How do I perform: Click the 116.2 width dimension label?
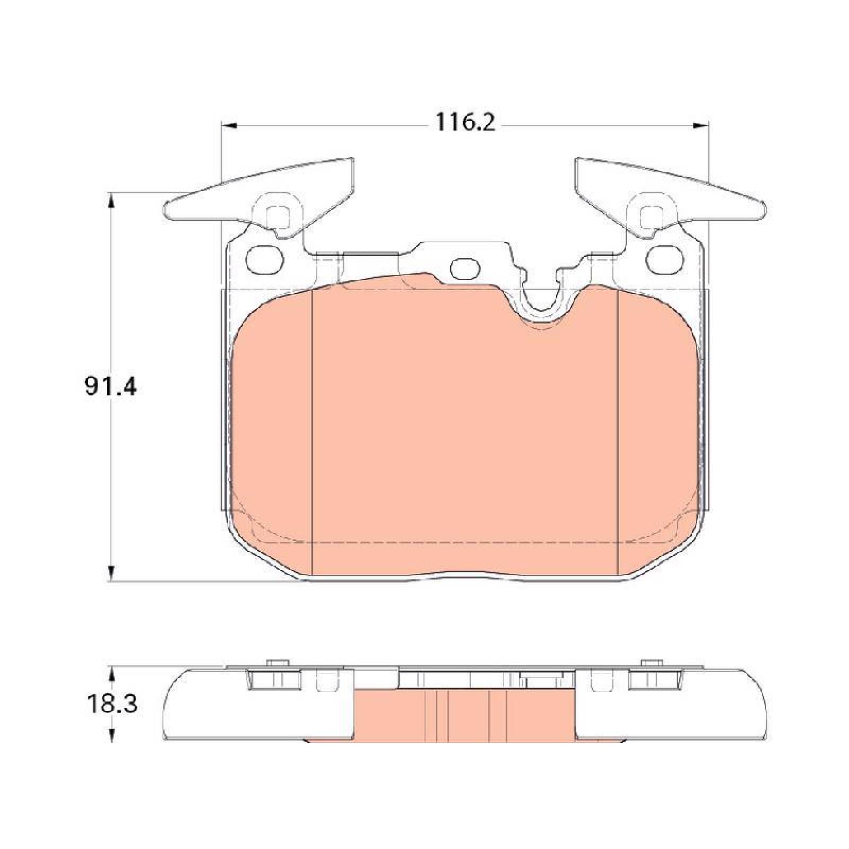tap(465, 123)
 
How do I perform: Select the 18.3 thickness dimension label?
tap(111, 705)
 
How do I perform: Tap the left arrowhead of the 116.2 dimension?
tap(227, 125)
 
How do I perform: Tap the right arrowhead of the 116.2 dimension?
tap(701, 125)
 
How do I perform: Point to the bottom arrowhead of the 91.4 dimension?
tap(111, 574)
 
